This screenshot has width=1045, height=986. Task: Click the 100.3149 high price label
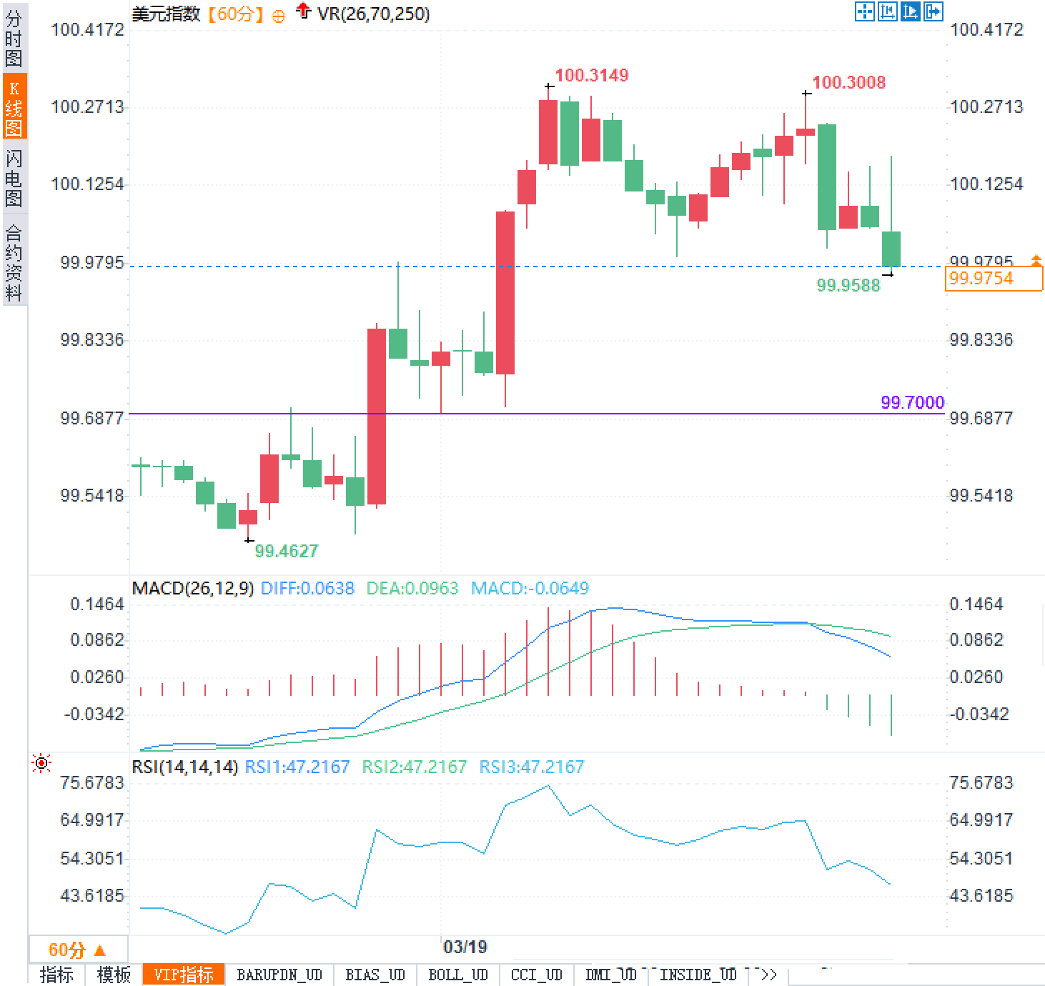pyautogui.click(x=591, y=75)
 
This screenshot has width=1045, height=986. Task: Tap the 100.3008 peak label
pyautogui.click(x=848, y=82)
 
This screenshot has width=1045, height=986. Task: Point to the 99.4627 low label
pyautogui.click(x=286, y=551)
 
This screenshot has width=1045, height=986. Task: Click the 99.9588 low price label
pyautogui.click(x=848, y=285)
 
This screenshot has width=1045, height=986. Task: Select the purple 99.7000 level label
pyautogui.click(x=912, y=402)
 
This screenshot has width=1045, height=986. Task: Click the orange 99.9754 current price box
pyautogui.click(x=993, y=278)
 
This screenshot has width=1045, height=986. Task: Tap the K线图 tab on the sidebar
pyautogui.click(x=14, y=107)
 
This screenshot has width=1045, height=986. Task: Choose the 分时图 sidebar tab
pyautogui.click(x=14, y=39)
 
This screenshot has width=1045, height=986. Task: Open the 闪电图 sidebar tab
pyautogui.click(x=14, y=178)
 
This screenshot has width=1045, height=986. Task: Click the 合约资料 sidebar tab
pyautogui.click(x=14, y=262)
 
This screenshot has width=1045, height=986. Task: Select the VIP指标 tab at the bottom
pyautogui.click(x=184, y=975)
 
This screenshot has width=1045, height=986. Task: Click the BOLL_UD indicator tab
pyautogui.click(x=457, y=975)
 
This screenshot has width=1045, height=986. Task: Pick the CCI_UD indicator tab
pyautogui.click(x=536, y=975)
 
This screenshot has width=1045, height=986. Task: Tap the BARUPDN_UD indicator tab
pyautogui.click(x=279, y=975)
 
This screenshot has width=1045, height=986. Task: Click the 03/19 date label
pyautogui.click(x=465, y=947)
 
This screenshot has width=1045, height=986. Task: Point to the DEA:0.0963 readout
pyautogui.click(x=412, y=588)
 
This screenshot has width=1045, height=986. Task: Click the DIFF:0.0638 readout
pyautogui.click(x=307, y=588)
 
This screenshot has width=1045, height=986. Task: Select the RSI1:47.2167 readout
pyautogui.click(x=297, y=767)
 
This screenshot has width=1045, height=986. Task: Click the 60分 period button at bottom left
pyautogui.click(x=77, y=950)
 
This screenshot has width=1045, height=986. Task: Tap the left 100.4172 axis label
pyautogui.click(x=87, y=29)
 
